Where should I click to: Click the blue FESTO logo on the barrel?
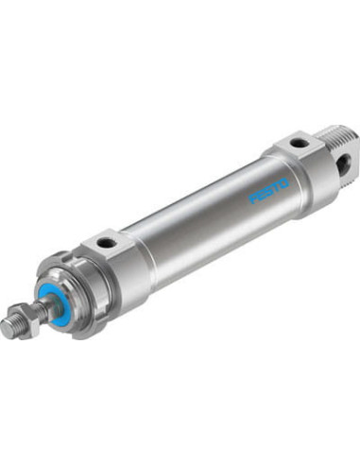click(x=269, y=191)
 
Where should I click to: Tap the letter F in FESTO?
click(x=252, y=199)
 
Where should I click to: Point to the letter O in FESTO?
click(x=284, y=183)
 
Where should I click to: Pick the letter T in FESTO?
click(x=276, y=187)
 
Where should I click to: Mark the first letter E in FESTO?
click(x=261, y=196)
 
